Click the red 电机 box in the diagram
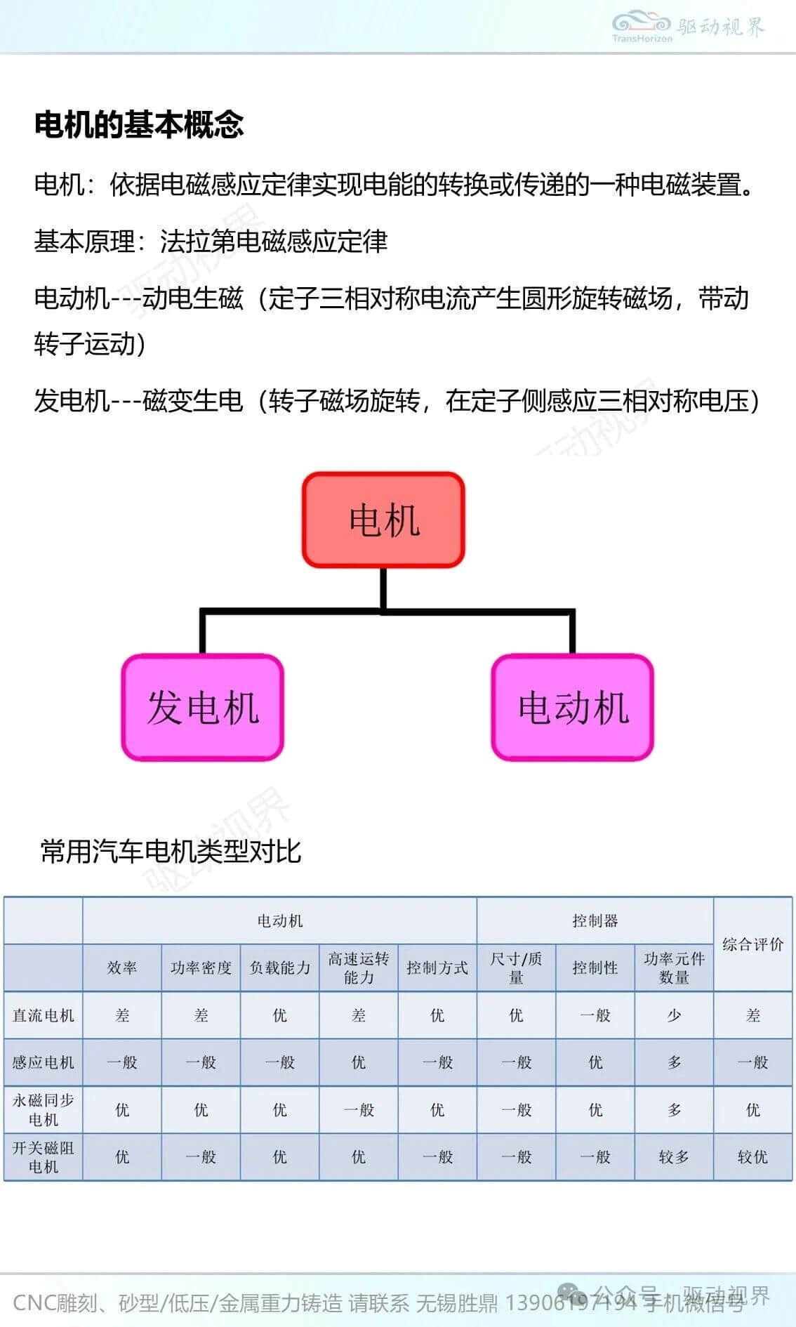coord(383,520)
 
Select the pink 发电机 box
coord(203,707)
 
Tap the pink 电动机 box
coord(573,707)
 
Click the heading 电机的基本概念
coord(139,124)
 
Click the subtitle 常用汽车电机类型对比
coord(171,852)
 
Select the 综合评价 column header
coord(752,944)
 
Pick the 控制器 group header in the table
coord(595,920)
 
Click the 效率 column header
coord(122,968)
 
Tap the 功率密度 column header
coord(201,968)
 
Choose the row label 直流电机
coord(44,1015)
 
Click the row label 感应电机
coord(44,1062)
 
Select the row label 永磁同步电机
coord(44,1109)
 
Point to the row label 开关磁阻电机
coord(44,1156)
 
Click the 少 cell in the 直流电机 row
coord(674,1015)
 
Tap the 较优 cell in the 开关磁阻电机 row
coord(752,1156)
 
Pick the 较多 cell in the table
coord(674,1156)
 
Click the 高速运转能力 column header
coord(359,968)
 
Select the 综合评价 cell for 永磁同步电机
coord(752,1109)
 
